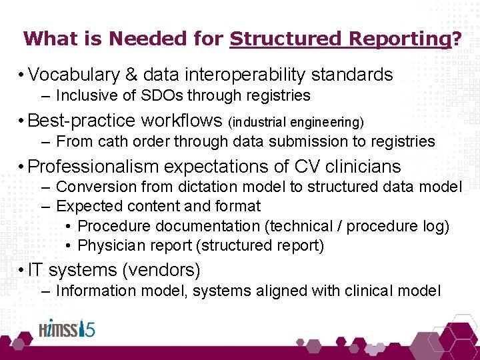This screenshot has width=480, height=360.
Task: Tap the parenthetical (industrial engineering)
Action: pos(296,122)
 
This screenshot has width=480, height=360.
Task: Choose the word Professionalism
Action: pos(94,166)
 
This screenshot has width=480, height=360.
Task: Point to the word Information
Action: pos(97,291)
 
